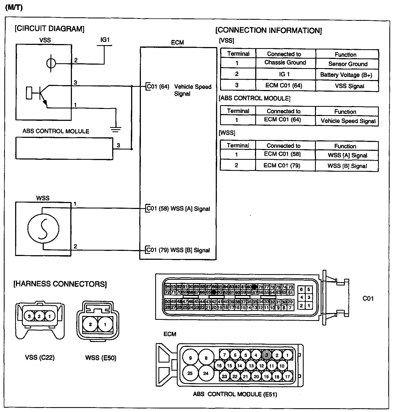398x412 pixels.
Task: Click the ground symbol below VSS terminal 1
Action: coord(116,129)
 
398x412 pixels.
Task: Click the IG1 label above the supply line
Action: coord(105,40)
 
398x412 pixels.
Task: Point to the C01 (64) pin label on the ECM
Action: coord(158,87)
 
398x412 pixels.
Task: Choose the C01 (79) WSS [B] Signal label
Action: coord(178,250)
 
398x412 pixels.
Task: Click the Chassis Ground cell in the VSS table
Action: coord(285,63)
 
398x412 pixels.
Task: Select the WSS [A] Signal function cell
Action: coord(347,155)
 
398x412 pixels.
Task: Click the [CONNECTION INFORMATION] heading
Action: coord(268,30)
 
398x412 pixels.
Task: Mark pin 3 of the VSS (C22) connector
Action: coord(29,316)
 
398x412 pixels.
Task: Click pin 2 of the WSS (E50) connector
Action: coord(90,324)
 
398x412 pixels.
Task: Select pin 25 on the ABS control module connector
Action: coord(190,373)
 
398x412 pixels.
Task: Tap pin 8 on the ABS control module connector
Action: coord(206,358)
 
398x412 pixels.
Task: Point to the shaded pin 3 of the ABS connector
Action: coord(267,355)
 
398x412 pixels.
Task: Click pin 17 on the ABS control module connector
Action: coord(287,377)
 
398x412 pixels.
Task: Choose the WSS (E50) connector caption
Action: coord(101,358)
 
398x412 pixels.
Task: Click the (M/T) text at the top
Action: coord(14,8)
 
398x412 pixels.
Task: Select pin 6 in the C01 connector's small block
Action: coord(301,290)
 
